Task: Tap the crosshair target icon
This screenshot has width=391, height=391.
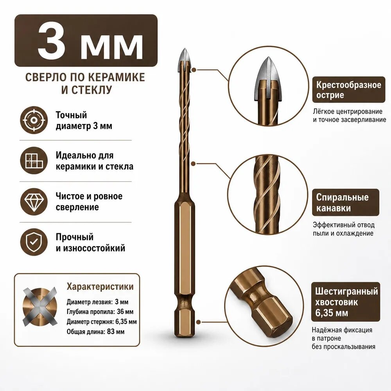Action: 34,120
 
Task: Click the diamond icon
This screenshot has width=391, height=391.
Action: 34,201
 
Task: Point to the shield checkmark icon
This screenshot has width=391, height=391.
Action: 34,242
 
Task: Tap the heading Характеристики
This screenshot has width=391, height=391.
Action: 100,287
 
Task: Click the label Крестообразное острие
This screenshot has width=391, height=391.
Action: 349,90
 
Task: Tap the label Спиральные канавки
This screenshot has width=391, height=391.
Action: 342,203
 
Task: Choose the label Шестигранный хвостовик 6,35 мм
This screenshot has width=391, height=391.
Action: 346,302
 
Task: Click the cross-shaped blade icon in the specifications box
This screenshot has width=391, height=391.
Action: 39,307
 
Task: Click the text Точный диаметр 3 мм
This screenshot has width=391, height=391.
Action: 84,120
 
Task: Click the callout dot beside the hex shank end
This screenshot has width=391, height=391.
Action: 199,322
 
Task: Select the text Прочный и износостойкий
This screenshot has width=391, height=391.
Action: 90,242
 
